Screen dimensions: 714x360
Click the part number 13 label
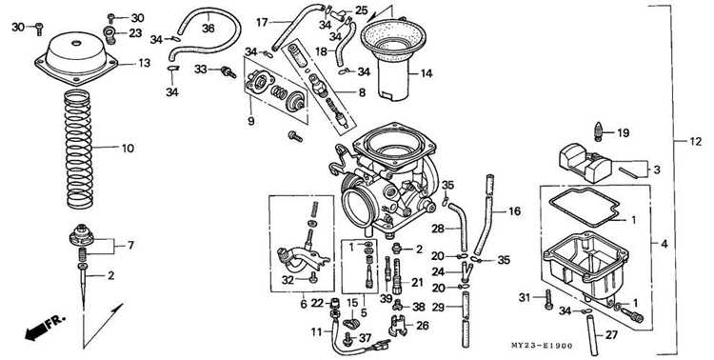(144, 64)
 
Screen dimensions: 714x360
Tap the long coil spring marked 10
(78, 149)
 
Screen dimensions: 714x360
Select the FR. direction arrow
(45, 327)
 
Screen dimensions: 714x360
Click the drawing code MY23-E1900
(542, 346)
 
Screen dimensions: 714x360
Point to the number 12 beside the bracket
(695, 142)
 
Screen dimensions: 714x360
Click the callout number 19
(623, 133)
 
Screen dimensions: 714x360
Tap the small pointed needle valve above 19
(599, 131)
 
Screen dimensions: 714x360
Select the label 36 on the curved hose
(208, 29)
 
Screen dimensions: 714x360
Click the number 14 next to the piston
(426, 73)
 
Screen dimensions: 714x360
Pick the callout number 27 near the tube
(611, 336)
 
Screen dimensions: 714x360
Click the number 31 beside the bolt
(525, 297)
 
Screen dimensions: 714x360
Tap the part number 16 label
(514, 211)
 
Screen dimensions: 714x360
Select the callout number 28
(438, 229)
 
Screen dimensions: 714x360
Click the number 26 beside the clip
(423, 326)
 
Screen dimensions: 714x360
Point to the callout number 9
(251, 122)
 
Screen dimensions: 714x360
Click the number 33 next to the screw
(201, 70)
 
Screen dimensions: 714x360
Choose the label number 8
(362, 93)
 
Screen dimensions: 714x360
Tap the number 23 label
(135, 33)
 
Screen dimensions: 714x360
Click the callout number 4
(664, 244)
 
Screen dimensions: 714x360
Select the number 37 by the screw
(366, 338)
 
